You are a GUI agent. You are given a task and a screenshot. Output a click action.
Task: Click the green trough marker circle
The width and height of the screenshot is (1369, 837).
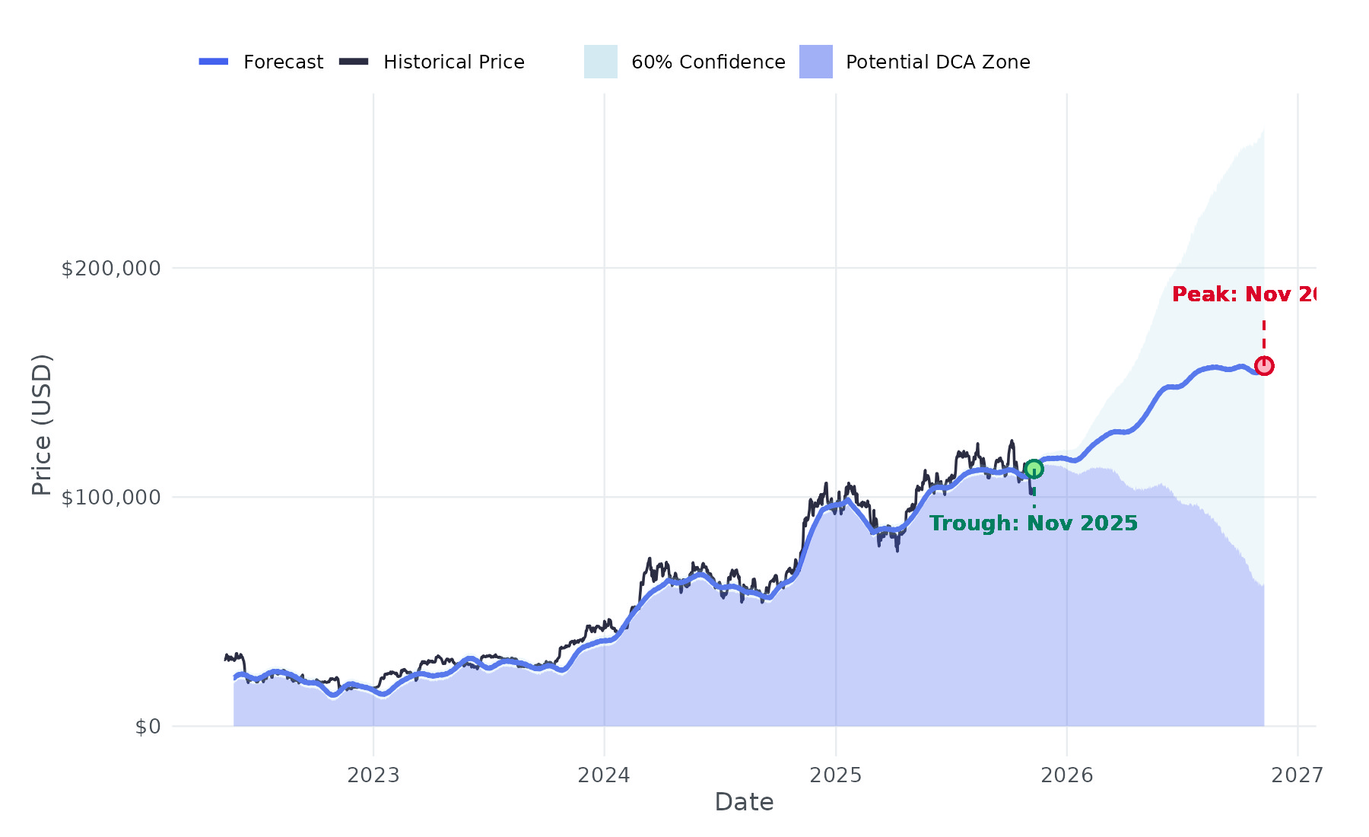(x=1034, y=469)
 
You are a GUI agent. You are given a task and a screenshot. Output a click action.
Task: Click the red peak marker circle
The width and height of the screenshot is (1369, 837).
(x=1264, y=366)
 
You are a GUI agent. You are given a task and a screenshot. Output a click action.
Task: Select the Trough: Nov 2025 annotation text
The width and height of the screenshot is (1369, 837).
(x=1033, y=524)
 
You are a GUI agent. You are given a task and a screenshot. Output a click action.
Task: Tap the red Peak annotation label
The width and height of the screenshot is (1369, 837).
(x=1244, y=294)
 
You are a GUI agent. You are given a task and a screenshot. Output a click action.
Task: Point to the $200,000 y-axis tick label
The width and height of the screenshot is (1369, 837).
(x=111, y=269)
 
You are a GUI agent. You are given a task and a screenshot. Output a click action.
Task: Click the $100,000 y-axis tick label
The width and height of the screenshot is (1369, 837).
(x=111, y=498)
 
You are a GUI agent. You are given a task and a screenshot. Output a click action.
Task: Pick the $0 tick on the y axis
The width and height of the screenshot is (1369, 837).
(x=148, y=727)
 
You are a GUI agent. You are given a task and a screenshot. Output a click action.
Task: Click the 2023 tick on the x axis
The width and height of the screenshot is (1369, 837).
(x=373, y=775)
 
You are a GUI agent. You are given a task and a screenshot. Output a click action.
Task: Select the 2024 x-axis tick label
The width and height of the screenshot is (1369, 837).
(x=604, y=775)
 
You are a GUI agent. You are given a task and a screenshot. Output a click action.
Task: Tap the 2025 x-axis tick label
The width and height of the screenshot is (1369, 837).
(x=836, y=775)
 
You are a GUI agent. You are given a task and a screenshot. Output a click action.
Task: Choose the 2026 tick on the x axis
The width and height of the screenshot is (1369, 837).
(x=1066, y=775)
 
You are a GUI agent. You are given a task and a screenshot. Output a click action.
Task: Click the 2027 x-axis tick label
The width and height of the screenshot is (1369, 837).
(x=1298, y=775)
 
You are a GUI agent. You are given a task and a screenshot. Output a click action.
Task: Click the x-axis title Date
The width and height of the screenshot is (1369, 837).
(x=744, y=802)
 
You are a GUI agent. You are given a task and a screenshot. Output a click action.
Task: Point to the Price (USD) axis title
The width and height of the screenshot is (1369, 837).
(x=42, y=425)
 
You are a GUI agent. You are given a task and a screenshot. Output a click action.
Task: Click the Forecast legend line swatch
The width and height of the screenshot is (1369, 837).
(x=214, y=62)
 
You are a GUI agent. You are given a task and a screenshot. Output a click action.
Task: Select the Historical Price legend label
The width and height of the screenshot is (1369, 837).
(x=454, y=62)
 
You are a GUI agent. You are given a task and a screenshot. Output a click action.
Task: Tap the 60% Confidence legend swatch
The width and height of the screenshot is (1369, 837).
(x=600, y=62)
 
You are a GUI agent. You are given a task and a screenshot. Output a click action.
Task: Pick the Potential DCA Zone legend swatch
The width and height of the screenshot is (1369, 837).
(x=815, y=62)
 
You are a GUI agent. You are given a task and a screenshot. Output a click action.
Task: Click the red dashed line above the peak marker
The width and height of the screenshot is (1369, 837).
(x=1264, y=335)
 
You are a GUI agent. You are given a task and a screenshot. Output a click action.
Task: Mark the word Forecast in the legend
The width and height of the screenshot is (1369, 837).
(x=283, y=62)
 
